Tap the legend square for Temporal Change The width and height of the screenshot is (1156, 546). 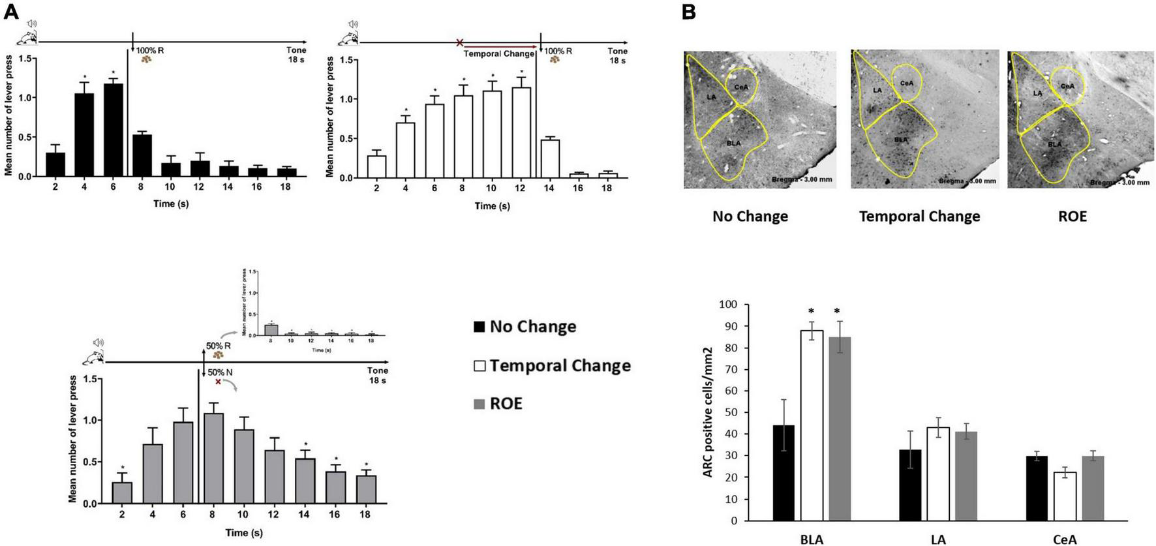coord(479,365)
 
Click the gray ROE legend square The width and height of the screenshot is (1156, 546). coord(479,404)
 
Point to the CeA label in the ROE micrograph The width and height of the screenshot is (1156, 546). coord(1067,85)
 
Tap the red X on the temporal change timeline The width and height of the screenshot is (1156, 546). coord(459,43)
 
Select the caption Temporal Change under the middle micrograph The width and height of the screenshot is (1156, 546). coord(919,217)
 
